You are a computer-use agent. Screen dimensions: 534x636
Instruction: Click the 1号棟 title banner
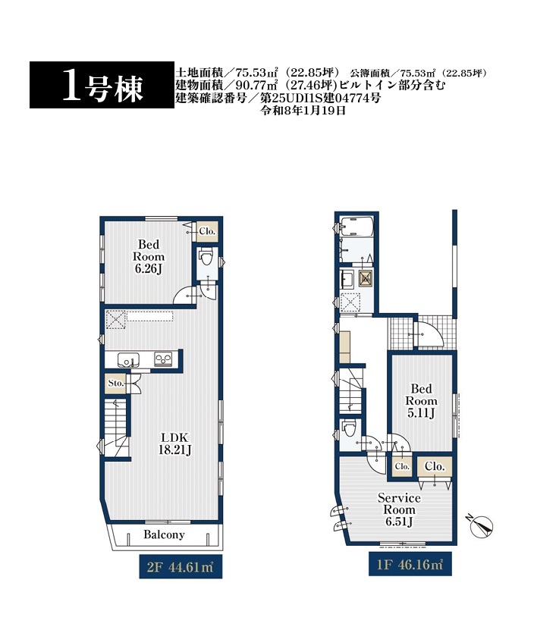point(102,85)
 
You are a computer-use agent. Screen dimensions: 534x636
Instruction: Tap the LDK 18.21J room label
point(175,443)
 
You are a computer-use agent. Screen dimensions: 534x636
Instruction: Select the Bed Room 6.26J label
point(149,256)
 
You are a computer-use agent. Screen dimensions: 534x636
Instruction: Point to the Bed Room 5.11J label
point(421,401)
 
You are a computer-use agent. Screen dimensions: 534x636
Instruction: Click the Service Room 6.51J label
point(399,509)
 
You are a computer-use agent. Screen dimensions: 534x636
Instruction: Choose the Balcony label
point(164,534)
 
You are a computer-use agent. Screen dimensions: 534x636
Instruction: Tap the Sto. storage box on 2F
point(115,384)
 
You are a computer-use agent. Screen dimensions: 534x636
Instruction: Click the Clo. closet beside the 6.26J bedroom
point(207,232)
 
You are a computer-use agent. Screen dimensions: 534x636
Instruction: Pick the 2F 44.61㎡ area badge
point(181,566)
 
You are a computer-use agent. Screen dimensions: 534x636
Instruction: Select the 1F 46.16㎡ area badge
point(410,564)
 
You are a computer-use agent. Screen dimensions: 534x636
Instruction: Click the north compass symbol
point(481,525)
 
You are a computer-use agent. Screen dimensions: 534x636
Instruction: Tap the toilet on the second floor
point(206,257)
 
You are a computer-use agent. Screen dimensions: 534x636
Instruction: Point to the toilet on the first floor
point(349,428)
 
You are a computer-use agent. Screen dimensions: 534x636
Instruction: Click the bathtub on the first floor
point(356,227)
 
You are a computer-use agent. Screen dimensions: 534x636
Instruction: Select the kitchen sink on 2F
point(128,360)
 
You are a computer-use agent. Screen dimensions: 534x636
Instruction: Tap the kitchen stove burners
point(163,359)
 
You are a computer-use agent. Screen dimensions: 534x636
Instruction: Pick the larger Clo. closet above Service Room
point(435,467)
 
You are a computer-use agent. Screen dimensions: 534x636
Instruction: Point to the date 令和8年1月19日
point(303,111)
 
